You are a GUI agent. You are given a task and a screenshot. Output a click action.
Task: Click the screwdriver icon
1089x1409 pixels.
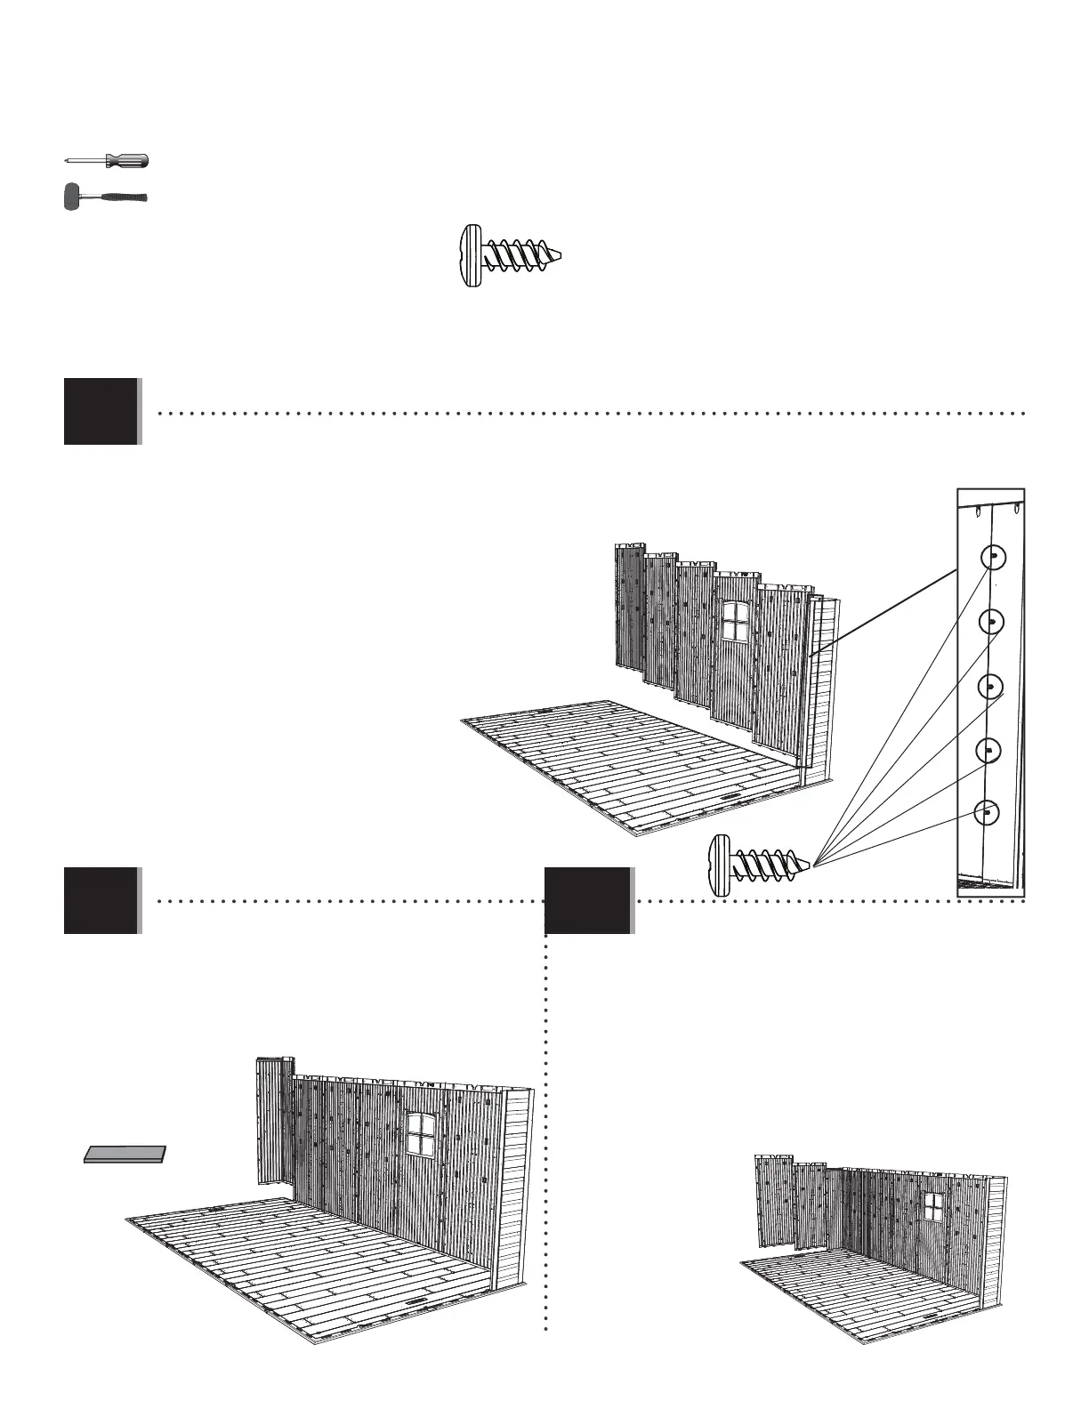(107, 161)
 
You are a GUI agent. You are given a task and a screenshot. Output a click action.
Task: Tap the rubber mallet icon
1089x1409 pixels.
(105, 197)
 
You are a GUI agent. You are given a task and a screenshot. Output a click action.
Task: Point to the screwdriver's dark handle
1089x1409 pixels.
(127, 161)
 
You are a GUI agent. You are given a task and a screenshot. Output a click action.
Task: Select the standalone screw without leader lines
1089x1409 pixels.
(512, 255)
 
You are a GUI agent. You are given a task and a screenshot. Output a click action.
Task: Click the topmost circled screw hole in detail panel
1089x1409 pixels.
(993, 558)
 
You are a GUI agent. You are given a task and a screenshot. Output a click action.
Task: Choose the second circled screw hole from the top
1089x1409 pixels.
(992, 622)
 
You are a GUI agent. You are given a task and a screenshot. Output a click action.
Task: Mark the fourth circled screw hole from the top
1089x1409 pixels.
(988, 750)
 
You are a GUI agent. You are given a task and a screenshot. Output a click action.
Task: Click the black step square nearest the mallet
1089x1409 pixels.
(101, 411)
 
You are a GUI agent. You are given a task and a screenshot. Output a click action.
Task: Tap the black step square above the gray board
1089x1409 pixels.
(101, 900)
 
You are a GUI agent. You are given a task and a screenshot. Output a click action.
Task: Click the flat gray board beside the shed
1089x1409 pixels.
(125, 1154)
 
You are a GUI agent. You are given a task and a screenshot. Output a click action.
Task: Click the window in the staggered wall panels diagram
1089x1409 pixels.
(736, 620)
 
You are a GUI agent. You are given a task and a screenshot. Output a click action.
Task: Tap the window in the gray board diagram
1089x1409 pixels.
(419, 1133)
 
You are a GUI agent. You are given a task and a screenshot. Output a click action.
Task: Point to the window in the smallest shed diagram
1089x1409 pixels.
(933, 1206)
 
